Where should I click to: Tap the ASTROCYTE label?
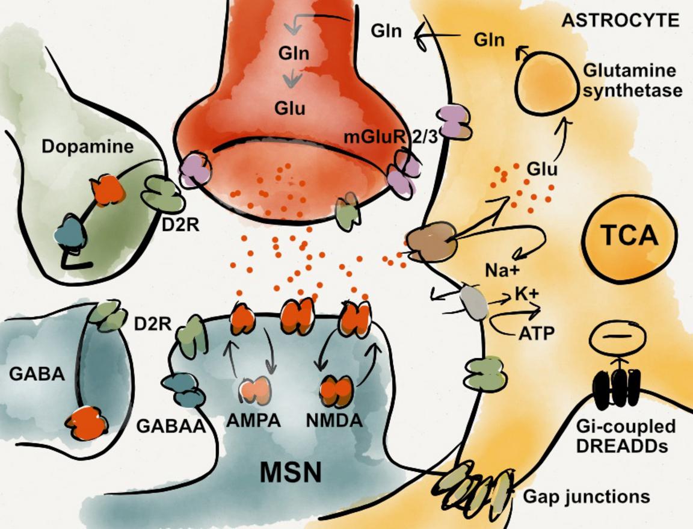coord(620,22)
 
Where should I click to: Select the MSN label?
coord(291,472)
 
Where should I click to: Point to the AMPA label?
coord(254,421)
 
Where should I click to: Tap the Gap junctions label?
coord(586,498)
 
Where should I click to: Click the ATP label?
coord(535,333)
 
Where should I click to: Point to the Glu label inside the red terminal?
coord(291,110)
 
